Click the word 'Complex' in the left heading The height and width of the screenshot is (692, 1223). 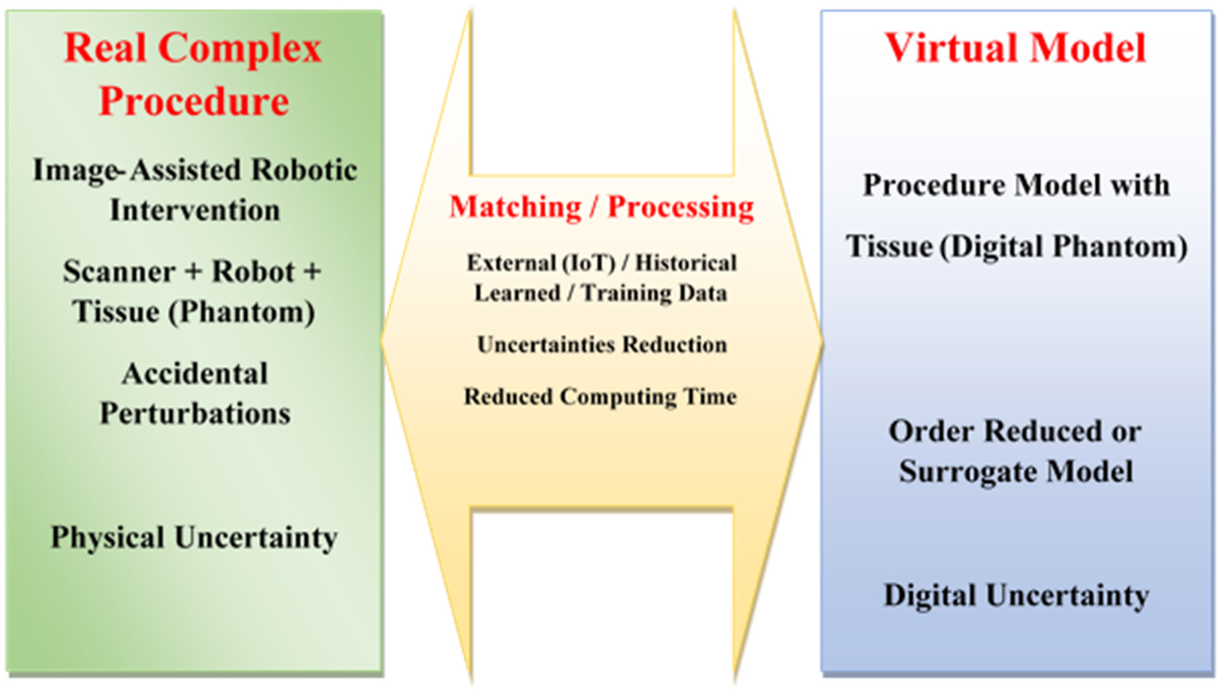[x=240, y=49]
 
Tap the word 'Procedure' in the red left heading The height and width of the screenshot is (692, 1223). [x=194, y=101]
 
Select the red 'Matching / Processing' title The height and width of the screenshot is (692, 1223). [x=601, y=207]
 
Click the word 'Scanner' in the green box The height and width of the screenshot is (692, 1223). [x=118, y=271]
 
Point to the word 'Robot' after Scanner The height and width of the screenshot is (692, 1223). [x=253, y=271]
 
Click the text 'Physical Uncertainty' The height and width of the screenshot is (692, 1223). [x=194, y=538]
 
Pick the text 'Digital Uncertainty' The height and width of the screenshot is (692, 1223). [x=1016, y=596]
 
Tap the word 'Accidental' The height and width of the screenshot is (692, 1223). [x=195, y=374]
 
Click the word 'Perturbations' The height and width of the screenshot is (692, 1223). [x=195, y=414]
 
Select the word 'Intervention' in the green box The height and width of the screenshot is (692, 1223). [x=195, y=210]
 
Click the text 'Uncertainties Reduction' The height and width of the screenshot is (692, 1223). [x=602, y=344]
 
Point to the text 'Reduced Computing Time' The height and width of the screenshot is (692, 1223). [x=600, y=396]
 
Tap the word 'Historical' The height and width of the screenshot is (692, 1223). [x=686, y=263]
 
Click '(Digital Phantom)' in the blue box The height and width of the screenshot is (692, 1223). [x=1064, y=247]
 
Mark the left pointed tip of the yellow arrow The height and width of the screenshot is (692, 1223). [x=382, y=340]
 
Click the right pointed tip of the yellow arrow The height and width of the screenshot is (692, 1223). [x=822, y=340]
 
